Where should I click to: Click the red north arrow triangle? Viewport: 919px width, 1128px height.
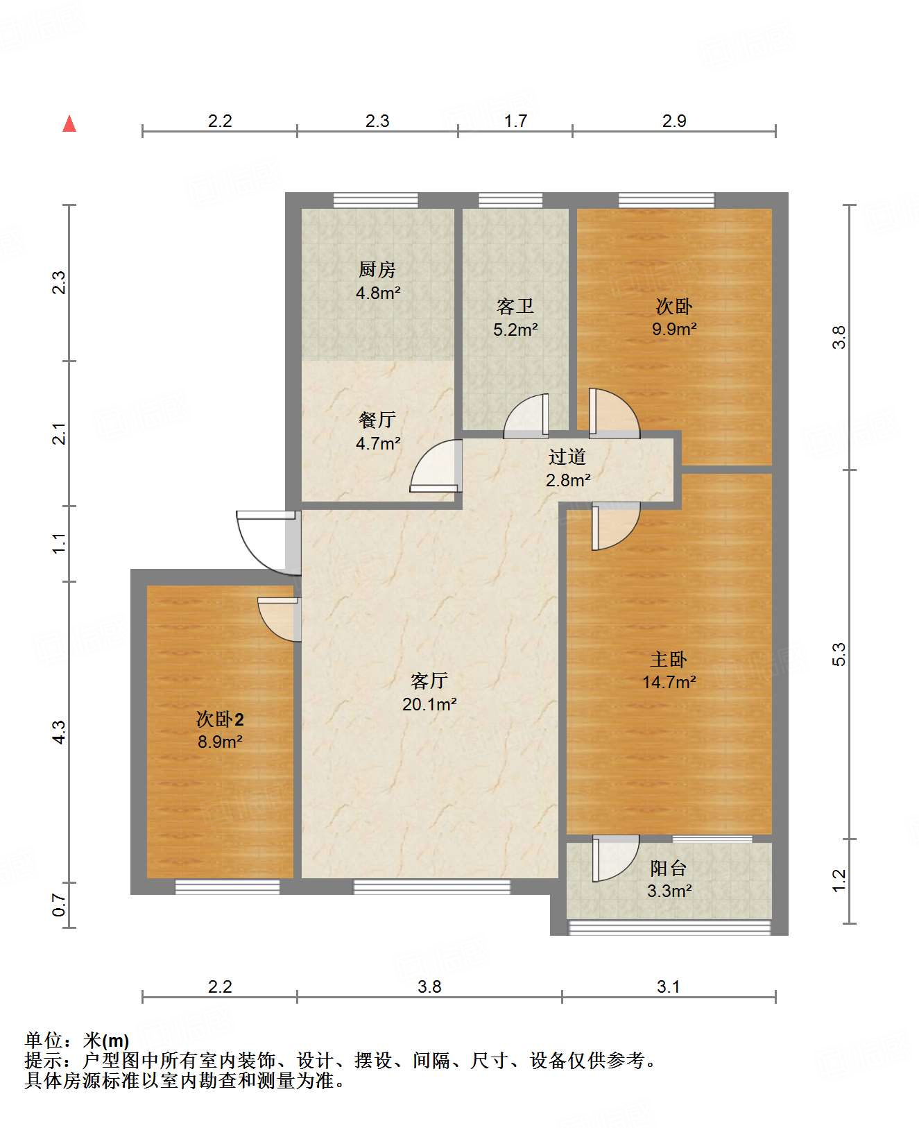click(x=69, y=124)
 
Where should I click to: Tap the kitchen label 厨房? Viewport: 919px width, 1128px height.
click(x=377, y=269)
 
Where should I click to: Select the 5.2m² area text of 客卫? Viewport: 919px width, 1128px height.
click(x=515, y=330)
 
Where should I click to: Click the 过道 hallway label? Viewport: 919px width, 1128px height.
click(x=567, y=456)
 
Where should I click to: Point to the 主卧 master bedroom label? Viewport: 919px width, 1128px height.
click(x=668, y=659)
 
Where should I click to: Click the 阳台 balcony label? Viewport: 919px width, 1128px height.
click(x=668, y=868)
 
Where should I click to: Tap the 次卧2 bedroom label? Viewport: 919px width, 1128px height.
click(x=220, y=719)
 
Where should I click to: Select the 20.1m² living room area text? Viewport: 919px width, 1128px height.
click(x=429, y=705)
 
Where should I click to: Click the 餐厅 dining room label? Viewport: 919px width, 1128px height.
click(x=377, y=420)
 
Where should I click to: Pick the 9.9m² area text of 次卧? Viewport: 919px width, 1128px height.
click(x=674, y=330)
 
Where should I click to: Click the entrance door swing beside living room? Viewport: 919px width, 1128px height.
click(x=267, y=541)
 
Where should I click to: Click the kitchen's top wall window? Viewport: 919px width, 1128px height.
click(x=375, y=200)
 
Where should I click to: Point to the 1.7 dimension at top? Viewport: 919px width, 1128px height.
click(x=515, y=121)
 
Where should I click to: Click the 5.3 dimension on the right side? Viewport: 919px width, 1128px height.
click(x=839, y=654)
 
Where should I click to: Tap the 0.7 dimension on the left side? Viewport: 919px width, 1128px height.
click(x=60, y=905)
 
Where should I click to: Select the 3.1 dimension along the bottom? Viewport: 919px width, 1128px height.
click(x=668, y=986)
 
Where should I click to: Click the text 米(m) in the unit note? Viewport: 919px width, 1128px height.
click(x=106, y=1041)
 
